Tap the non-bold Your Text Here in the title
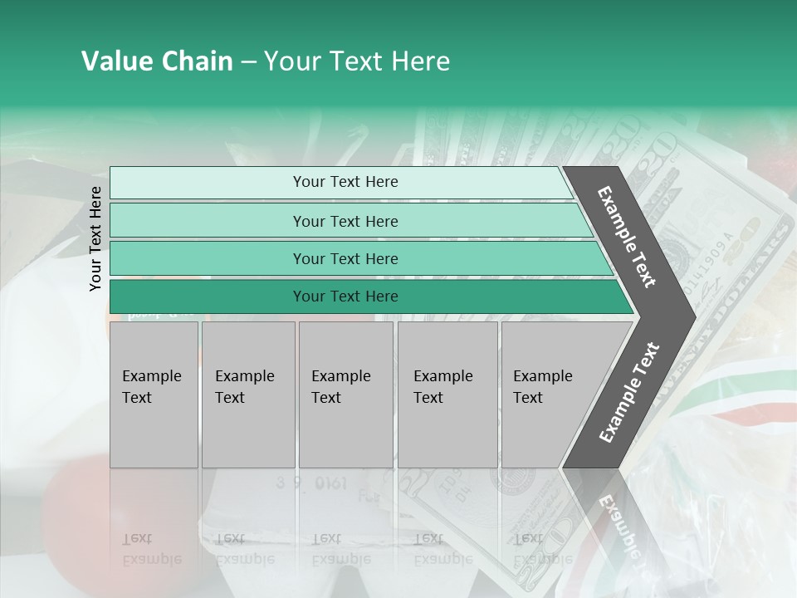357,61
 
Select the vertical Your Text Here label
95,238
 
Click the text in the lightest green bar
345,182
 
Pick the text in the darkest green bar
345,297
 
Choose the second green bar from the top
345,221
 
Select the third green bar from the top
345,258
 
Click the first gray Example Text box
154,395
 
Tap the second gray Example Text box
248,395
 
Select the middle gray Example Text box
345,395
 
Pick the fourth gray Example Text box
447,395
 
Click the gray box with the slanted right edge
548,395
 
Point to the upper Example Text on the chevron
628,237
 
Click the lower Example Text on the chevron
629,392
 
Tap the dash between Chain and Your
248,62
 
